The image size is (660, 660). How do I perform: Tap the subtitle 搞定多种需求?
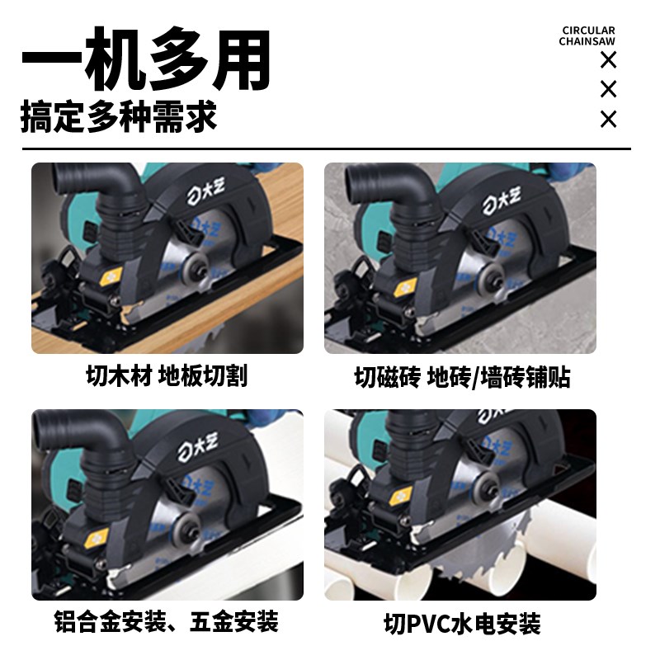pos(119,117)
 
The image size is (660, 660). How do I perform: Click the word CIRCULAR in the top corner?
pos(588,31)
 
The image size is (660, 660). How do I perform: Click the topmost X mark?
pos(608,59)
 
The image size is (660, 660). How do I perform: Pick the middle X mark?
pos(608,89)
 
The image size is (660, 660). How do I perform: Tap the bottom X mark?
pos(608,120)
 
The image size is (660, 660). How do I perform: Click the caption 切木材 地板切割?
pos(167,376)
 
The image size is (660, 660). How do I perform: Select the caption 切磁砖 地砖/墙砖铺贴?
pos(462,378)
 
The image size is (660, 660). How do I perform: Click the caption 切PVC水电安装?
pos(462,622)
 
